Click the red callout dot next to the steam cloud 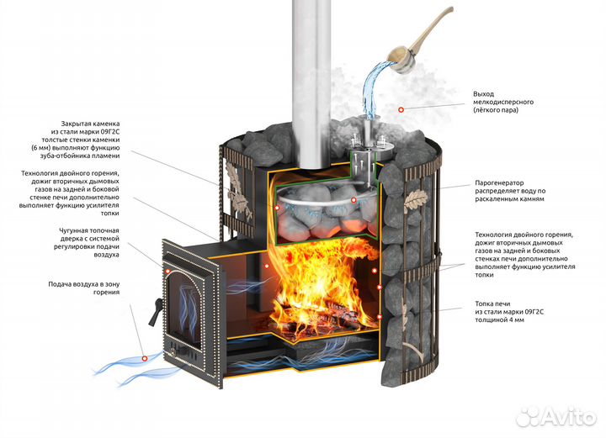[x=401, y=109]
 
